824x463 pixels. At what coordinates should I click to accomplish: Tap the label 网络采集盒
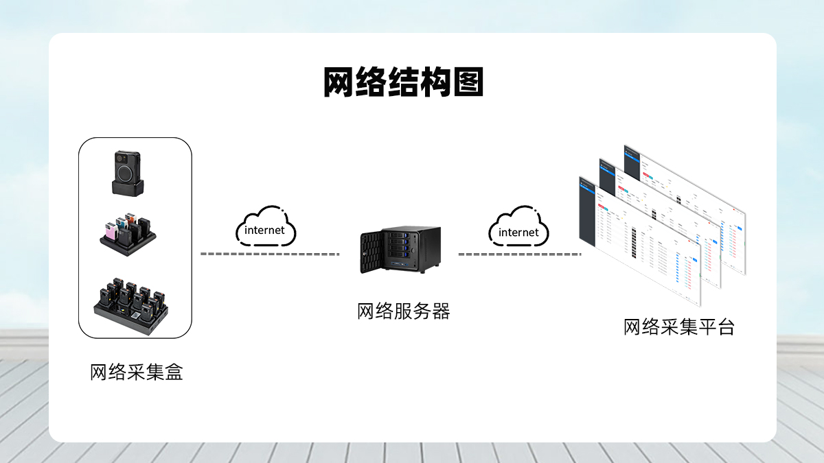[137, 372]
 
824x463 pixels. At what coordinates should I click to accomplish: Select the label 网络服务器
[404, 311]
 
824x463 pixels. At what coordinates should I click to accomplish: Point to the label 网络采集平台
[678, 327]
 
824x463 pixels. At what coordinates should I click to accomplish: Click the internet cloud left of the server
[266, 226]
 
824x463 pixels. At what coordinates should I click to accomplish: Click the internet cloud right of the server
[518, 228]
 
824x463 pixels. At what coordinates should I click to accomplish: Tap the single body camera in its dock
[129, 171]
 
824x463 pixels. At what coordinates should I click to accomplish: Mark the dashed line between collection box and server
[270, 254]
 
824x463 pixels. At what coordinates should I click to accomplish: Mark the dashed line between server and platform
[519, 254]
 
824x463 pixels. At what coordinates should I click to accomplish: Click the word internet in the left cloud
[264, 230]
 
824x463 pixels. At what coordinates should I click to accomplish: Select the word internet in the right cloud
[518, 233]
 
